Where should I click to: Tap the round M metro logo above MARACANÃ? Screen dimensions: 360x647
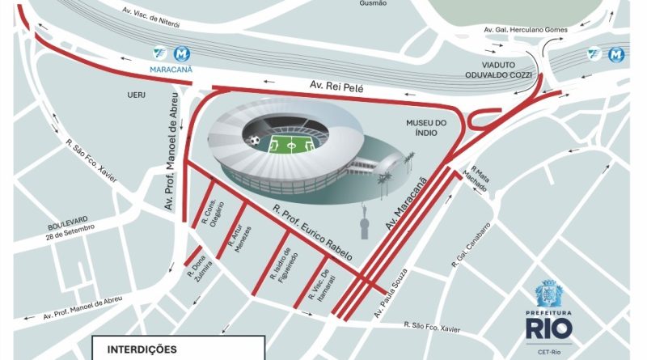pos(183,53)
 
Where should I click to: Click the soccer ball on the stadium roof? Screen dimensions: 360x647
pos(255,141)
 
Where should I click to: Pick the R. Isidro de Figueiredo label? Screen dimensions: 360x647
pos(290,260)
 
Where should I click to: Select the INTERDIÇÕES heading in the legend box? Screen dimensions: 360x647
pos(142,349)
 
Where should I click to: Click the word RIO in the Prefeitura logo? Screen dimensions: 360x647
pos(549,328)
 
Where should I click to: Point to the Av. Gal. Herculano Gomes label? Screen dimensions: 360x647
pos(525,29)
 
